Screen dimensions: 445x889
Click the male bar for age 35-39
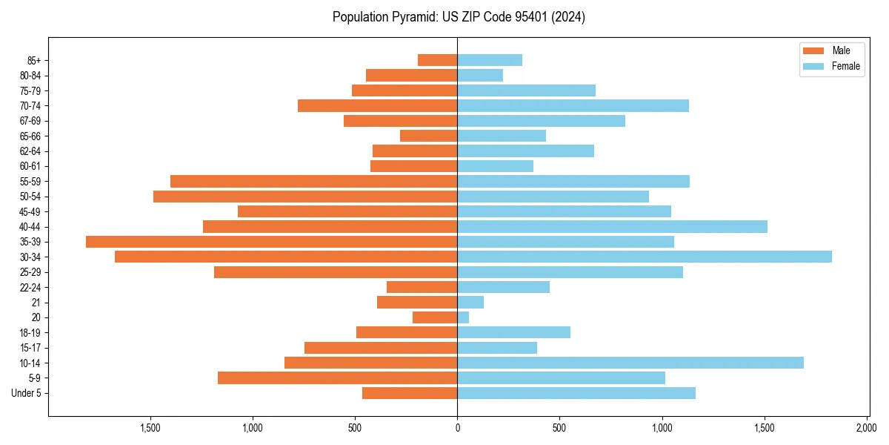(271, 242)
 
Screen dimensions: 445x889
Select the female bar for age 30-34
(645, 257)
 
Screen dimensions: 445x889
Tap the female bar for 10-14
(630, 363)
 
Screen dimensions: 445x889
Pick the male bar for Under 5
(410, 393)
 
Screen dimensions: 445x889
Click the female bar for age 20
(463, 317)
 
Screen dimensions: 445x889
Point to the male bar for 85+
(437, 60)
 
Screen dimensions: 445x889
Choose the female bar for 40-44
(612, 226)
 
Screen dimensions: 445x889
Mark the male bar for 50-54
(305, 197)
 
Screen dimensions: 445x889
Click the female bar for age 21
(470, 303)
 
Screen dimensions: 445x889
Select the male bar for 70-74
(377, 105)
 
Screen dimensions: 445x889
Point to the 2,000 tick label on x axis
(867, 428)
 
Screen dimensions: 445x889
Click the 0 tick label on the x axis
(457, 428)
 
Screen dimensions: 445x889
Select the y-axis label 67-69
(30, 121)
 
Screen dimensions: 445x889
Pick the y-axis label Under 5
(27, 393)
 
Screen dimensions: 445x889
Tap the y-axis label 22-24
(30, 287)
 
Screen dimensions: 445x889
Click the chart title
(459, 17)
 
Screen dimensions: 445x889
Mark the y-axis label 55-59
(30, 181)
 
